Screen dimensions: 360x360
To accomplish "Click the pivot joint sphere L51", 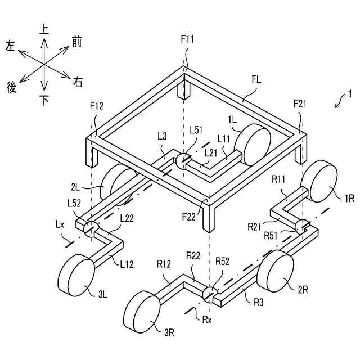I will point(183,161).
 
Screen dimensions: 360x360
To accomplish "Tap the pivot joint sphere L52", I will point(90,228).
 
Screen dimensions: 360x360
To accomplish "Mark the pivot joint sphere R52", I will point(209,295).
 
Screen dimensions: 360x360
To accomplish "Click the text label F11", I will point(187,39).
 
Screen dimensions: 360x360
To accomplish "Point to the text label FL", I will point(256,80).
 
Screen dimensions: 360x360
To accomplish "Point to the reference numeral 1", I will point(349,93).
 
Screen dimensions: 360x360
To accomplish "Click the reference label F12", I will point(97,105).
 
